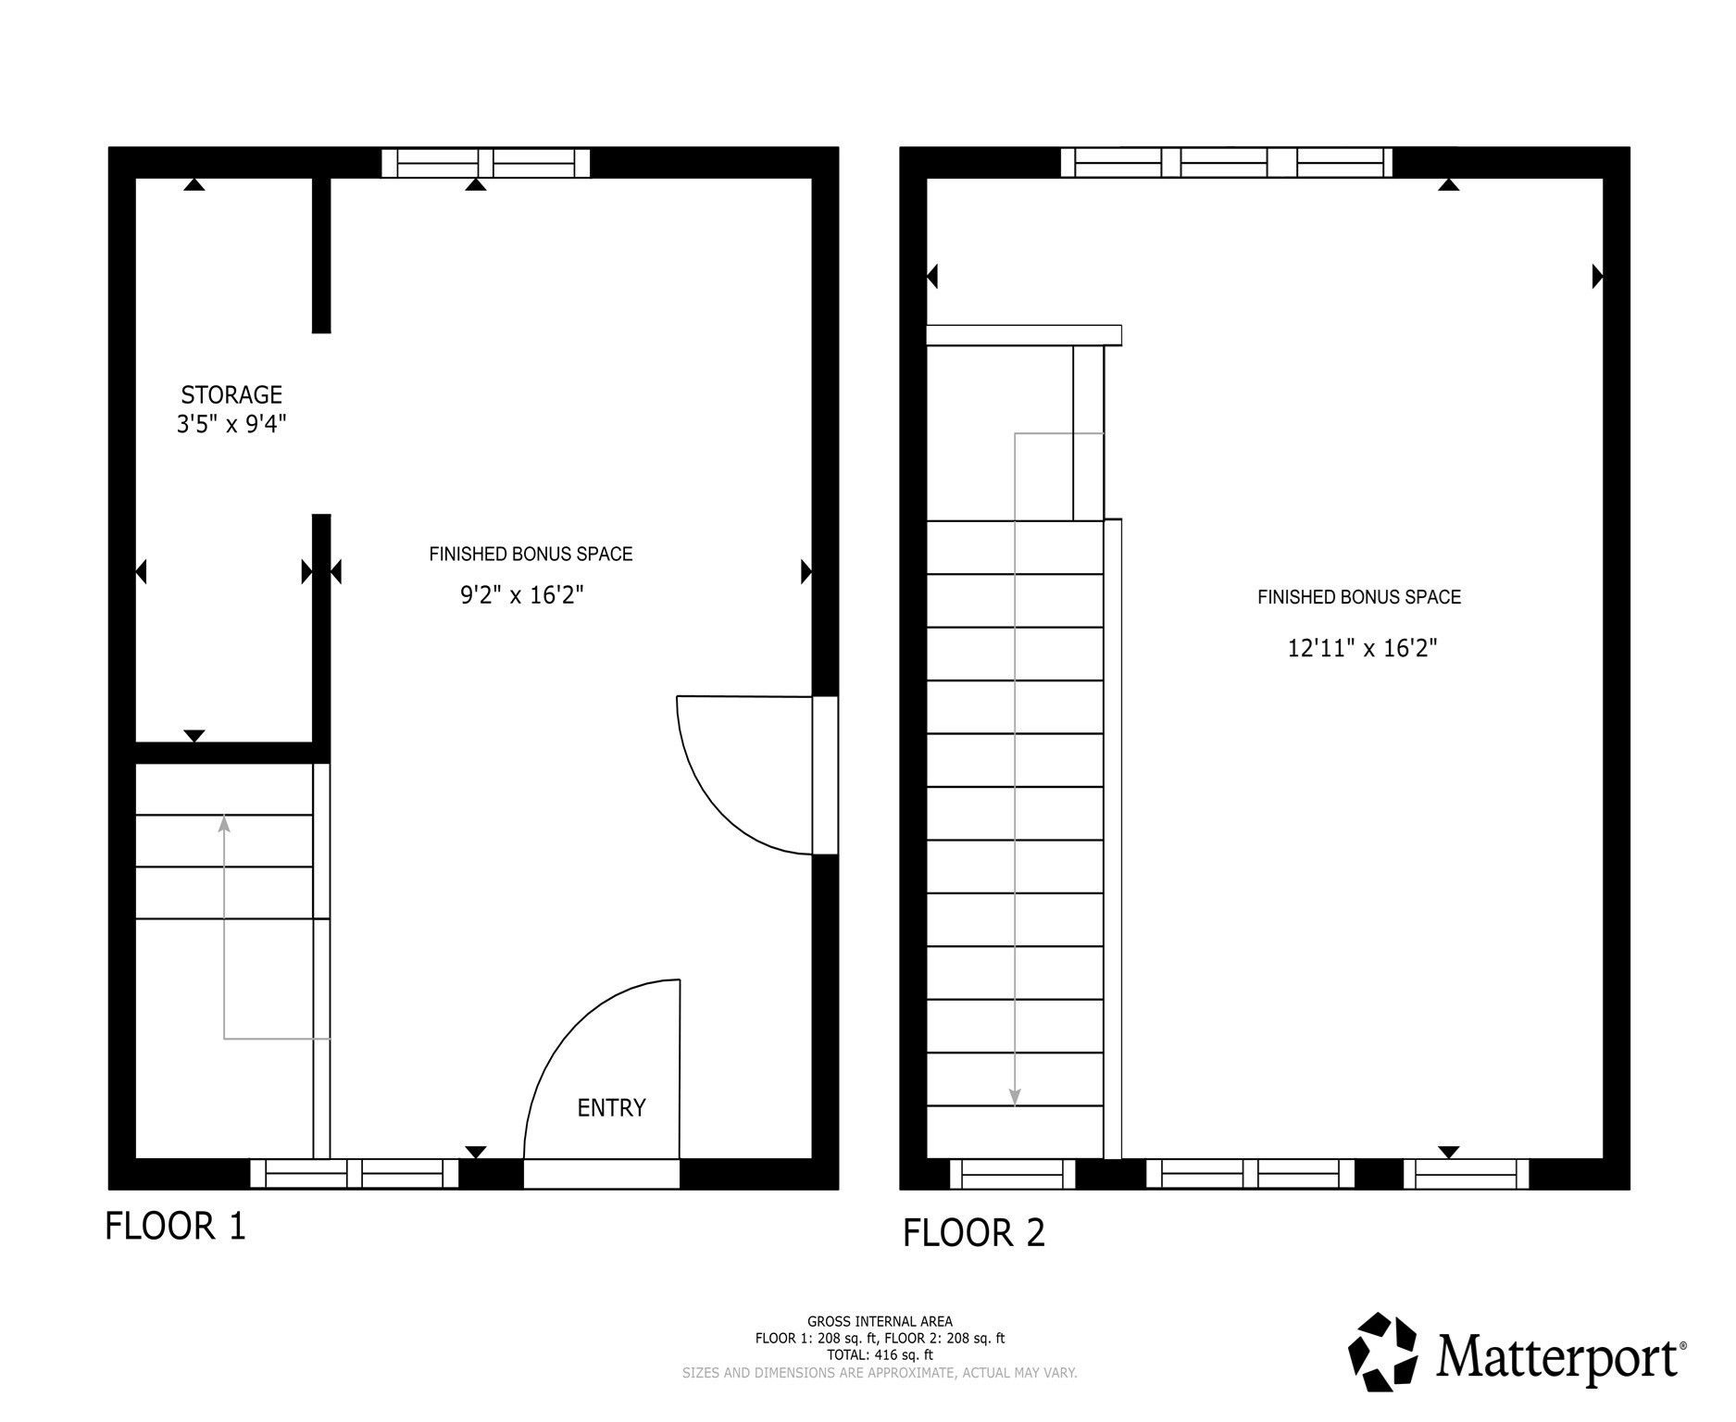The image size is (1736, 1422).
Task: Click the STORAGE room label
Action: click(231, 395)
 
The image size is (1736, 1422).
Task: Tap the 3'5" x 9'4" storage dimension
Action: click(231, 425)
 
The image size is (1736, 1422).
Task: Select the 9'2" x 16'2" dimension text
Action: click(522, 594)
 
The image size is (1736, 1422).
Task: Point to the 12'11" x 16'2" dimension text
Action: click(1362, 648)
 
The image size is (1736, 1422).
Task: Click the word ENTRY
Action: click(611, 1108)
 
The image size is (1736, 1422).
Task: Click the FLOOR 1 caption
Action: click(176, 1227)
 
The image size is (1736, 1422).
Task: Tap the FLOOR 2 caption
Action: click(974, 1233)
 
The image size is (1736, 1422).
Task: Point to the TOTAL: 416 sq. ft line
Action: click(880, 1355)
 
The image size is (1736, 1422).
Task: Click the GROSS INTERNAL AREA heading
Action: click(880, 1322)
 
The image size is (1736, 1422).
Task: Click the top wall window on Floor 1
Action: click(486, 163)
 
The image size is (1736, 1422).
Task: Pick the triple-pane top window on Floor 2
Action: click(1226, 163)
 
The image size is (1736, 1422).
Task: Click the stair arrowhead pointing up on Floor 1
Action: click(224, 823)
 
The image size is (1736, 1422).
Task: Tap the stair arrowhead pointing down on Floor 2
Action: click(1015, 1098)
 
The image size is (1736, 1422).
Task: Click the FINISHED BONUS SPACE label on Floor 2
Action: click(1358, 598)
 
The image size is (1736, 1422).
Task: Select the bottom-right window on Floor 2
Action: click(1466, 1174)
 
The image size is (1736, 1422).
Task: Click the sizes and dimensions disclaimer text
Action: click(880, 1373)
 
